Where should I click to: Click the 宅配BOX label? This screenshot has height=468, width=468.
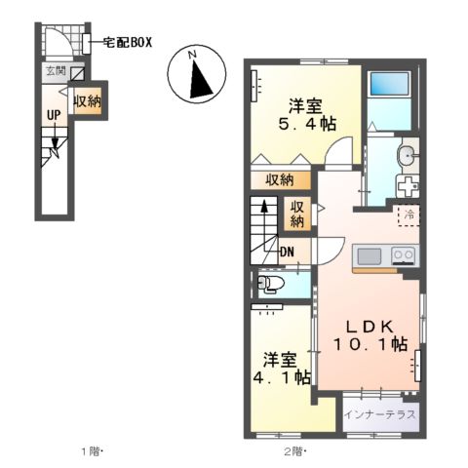(126, 43)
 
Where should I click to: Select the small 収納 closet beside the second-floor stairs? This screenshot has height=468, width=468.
(297, 214)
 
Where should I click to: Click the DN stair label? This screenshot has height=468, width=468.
(288, 253)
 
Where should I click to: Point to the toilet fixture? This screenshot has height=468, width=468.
(270, 284)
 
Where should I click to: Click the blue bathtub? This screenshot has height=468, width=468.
(393, 92)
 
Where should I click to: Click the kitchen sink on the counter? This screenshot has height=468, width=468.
(370, 257)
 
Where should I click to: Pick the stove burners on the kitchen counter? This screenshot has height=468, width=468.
(403, 257)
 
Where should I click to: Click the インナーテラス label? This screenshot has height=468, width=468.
(381, 414)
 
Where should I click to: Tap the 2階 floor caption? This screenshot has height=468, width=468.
(292, 451)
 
